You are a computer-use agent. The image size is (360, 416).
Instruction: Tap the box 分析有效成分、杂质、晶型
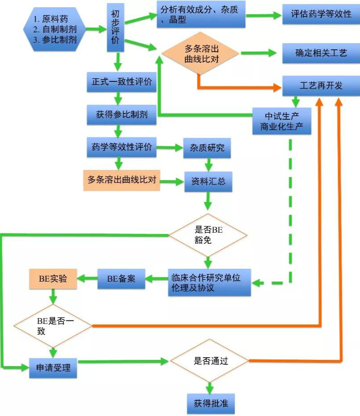(201, 14)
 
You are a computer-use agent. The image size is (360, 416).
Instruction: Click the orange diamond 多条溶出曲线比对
(200, 53)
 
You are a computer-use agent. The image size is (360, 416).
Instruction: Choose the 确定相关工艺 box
(321, 53)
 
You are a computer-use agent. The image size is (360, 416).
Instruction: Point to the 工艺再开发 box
(321, 85)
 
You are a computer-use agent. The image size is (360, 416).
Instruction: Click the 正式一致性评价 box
(121, 82)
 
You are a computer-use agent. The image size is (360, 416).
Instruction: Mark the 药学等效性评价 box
(121, 147)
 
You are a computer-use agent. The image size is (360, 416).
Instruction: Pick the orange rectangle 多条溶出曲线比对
(121, 180)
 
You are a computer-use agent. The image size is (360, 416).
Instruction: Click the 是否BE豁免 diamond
(208, 234)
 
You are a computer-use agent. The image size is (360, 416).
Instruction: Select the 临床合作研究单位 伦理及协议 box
(209, 282)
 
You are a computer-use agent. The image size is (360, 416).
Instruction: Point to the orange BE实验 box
(53, 279)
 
